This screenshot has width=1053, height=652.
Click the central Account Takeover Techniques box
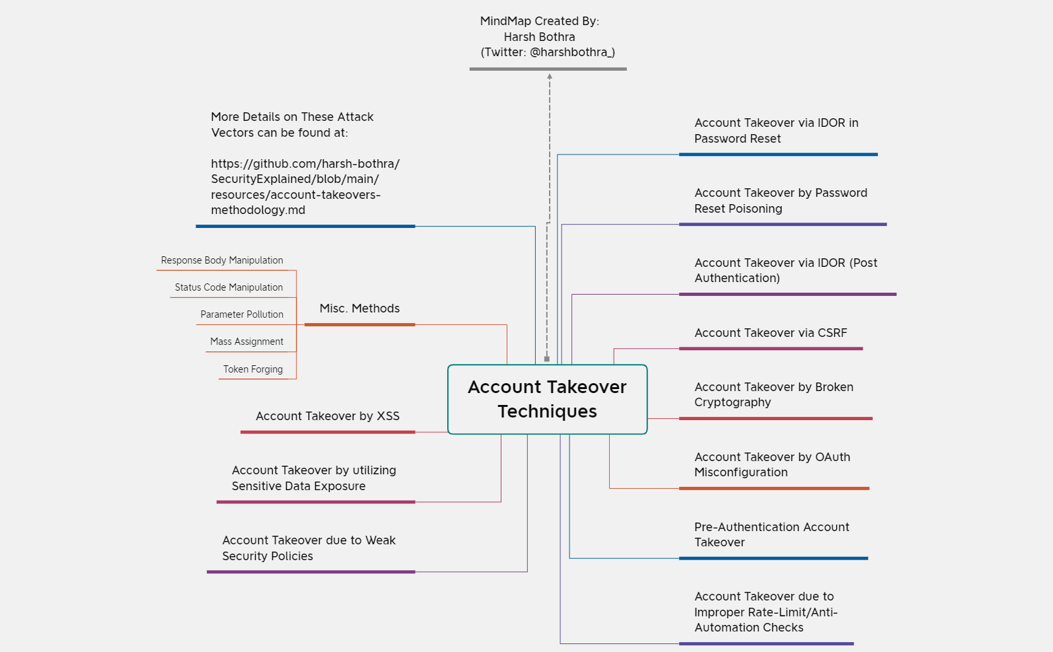click(x=547, y=399)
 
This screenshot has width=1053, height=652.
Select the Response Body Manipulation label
click(x=222, y=260)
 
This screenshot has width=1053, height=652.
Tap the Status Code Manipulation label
click(x=229, y=287)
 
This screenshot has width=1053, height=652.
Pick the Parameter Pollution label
click(x=242, y=314)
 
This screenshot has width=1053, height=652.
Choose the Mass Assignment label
click(x=246, y=342)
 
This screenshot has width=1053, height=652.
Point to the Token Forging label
click(x=253, y=369)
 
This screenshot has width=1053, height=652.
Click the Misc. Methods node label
click(x=359, y=308)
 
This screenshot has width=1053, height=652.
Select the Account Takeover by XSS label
click(x=328, y=416)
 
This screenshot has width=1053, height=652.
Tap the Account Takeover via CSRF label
click(x=770, y=333)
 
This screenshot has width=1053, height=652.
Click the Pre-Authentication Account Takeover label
click(x=771, y=534)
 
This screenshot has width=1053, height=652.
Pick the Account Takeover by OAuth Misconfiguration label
click(x=772, y=464)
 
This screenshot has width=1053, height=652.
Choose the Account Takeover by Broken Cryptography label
click(x=773, y=394)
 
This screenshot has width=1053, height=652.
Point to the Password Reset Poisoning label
click(x=780, y=201)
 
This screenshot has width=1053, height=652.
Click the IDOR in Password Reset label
click(x=776, y=131)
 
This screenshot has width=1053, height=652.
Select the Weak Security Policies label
click(x=309, y=548)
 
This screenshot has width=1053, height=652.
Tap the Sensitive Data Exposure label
click(x=314, y=478)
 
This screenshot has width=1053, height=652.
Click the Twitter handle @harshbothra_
click(x=572, y=52)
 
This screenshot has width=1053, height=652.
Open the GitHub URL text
click(x=305, y=187)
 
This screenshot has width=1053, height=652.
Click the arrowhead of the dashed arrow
click(x=550, y=77)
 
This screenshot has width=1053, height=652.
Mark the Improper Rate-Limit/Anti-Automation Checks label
click(x=765, y=612)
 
